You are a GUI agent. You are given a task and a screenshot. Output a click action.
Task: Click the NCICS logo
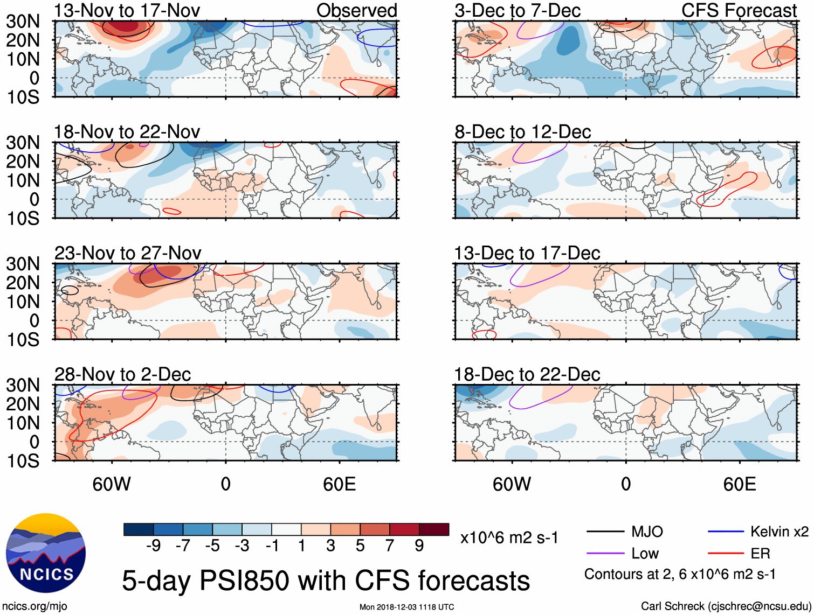pos(45,553)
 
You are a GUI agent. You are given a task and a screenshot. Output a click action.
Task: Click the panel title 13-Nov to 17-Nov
pos(127,10)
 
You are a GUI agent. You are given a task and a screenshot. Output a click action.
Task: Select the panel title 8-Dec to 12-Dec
pos(522,132)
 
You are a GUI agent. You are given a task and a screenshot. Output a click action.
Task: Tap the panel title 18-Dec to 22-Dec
pos(527,374)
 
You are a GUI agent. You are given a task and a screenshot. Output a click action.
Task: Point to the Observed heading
pos(356,10)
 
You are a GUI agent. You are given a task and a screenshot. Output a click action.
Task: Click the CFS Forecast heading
pos(739,10)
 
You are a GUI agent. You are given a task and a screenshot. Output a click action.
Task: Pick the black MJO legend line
pos(605,532)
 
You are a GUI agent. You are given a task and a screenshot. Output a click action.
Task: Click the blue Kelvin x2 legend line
pos(726,532)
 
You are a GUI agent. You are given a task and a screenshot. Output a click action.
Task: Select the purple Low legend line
pos(605,554)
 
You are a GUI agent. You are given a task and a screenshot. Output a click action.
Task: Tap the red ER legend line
pos(726,554)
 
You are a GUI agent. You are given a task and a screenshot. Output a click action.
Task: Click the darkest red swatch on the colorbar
pos(434,529)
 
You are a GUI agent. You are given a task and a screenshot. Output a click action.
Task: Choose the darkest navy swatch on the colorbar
pos(139,529)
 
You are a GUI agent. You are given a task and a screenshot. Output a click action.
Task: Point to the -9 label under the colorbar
pos(153,546)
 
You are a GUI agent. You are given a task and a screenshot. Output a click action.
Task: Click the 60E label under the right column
pos(739,484)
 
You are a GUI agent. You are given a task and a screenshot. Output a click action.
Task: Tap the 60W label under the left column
pos(112,484)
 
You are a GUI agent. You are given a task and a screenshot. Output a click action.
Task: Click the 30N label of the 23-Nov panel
pos(23,264)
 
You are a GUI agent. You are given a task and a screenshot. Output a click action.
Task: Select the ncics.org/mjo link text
pos(35,606)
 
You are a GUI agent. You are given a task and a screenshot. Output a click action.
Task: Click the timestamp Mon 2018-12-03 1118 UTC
pos(406,607)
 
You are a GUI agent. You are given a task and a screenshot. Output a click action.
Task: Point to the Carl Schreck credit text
pos(726,606)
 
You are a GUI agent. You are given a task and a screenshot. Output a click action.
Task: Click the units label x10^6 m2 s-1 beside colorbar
pos(509,537)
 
